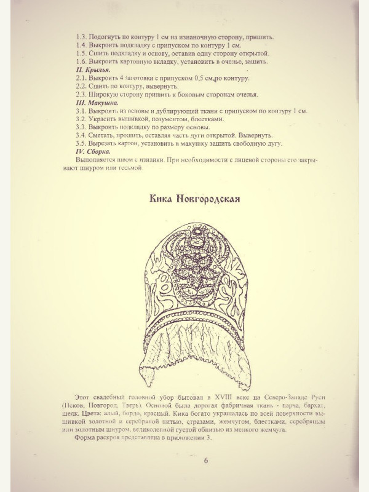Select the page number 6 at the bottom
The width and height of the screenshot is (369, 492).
206,461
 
